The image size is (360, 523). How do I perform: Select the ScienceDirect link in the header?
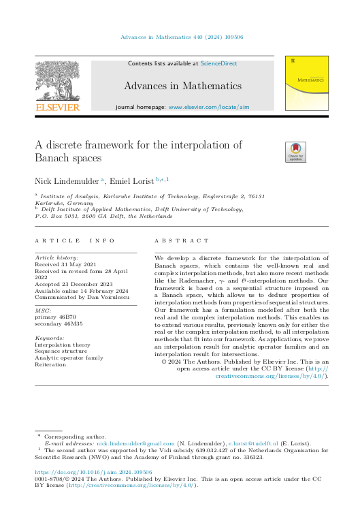click(218, 63)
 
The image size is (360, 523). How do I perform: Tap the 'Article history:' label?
click(57, 259)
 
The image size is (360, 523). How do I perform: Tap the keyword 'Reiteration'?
click(51, 364)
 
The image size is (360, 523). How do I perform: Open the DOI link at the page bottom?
click(93, 472)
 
